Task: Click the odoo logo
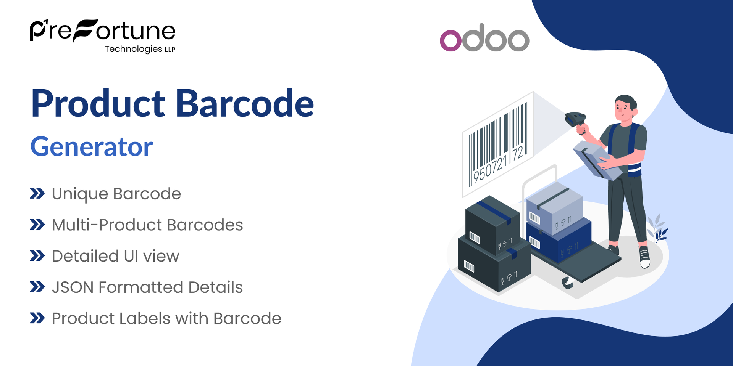point(484,38)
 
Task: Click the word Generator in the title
point(92,147)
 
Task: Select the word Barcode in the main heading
point(245,104)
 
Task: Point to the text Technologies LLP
point(140,49)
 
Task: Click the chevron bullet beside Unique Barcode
point(37,194)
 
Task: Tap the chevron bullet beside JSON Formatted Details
point(37,287)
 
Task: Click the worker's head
point(625,108)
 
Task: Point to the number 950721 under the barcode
point(490,168)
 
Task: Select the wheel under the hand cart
point(567,283)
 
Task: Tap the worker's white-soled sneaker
point(644,257)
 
